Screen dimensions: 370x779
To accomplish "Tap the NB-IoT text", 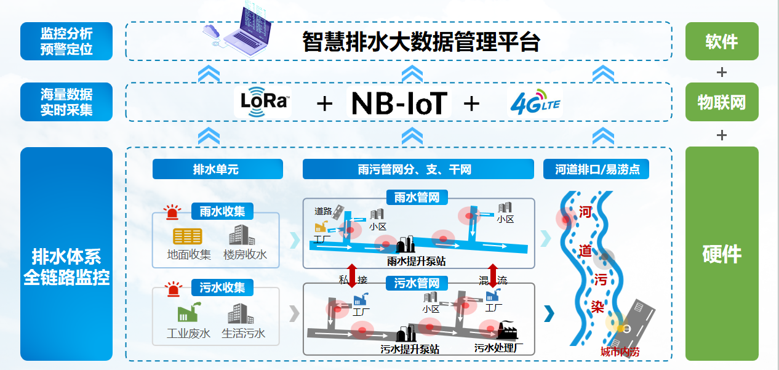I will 399,103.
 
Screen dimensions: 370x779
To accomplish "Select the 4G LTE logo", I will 535,103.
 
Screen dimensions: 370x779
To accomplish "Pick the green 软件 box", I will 721,41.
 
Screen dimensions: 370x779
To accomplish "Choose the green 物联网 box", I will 721,102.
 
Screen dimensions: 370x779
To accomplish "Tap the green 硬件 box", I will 721,254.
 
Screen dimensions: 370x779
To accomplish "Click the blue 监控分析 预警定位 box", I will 66,41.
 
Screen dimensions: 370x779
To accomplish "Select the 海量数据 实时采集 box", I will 66,102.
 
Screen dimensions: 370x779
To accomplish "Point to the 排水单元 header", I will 217,169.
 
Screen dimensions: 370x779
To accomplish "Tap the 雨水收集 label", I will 222,211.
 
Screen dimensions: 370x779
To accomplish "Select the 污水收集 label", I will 222,288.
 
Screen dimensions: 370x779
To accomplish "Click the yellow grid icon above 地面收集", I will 187,236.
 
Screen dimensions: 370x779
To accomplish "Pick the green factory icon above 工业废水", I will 187,313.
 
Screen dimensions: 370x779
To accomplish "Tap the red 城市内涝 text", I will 620,352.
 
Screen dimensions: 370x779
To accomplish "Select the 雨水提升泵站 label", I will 417,261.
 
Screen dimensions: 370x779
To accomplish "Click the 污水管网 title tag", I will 417,283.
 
